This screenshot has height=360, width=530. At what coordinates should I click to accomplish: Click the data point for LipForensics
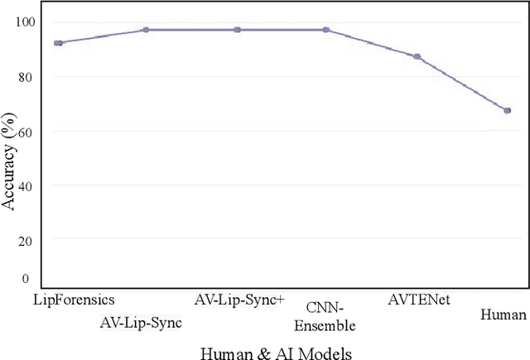[x=58, y=43]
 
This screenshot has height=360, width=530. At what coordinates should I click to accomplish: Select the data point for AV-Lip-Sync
[x=146, y=30]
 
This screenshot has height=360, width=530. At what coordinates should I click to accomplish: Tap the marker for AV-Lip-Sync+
[x=237, y=30]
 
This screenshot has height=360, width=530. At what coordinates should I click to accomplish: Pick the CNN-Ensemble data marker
[x=325, y=30]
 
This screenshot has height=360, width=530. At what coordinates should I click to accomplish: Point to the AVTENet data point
[x=417, y=57]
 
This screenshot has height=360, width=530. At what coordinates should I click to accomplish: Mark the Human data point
[x=507, y=110]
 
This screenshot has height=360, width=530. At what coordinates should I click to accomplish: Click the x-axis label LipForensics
[x=73, y=299]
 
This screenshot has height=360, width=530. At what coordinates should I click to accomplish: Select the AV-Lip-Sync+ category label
[x=239, y=300]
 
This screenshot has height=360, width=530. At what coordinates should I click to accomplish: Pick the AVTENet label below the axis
[x=419, y=300]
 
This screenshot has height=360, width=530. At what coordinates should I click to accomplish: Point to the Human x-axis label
[x=503, y=315]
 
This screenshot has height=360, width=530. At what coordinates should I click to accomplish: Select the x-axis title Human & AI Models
[x=276, y=353]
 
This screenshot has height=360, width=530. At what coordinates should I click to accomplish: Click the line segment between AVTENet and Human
[x=462, y=84]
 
